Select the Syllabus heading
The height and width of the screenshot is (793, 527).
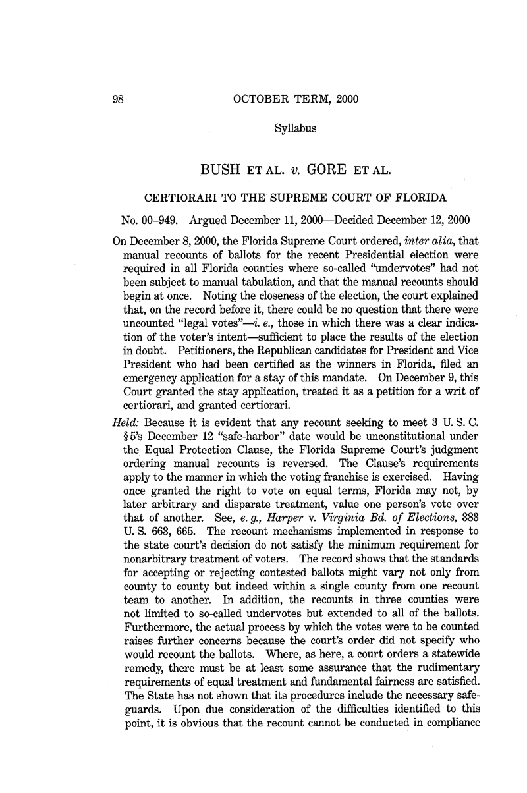[x=294, y=129]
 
